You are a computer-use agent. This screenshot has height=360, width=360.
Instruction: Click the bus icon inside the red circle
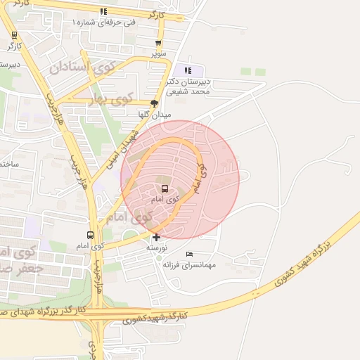pyautogui.click(x=165, y=188)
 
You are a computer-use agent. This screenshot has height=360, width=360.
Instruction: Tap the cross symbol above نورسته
pyautogui.click(x=155, y=238)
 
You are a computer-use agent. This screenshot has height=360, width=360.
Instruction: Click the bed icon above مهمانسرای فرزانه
pyautogui.click(x=188, y=254)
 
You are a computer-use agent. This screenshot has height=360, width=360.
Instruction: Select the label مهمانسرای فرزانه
pyautogui.click(x=188, y=264)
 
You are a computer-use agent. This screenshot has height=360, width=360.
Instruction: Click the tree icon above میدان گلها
pyautogui.click(x=155, y=103)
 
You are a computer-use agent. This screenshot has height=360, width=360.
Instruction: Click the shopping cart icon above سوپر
pyautogui.click(x=159, y=43)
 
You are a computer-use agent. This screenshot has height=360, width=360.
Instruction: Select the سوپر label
pyautogui.click(x=160, y=53)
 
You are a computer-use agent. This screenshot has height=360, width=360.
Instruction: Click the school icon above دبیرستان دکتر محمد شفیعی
pyautogui.click(x=188, y=70)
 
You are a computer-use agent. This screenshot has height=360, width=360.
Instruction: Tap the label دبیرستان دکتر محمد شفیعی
pyautogui.click(x=188, y=86)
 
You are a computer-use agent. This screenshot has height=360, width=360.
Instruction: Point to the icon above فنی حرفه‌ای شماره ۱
pyautogui.click(x=104, y=11)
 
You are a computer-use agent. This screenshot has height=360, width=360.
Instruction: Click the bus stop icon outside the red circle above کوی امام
pyautogui.click(x=90, y=235)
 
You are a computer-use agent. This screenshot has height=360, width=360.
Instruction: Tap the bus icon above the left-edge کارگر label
pyautogui.click(x=14, y=34)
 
